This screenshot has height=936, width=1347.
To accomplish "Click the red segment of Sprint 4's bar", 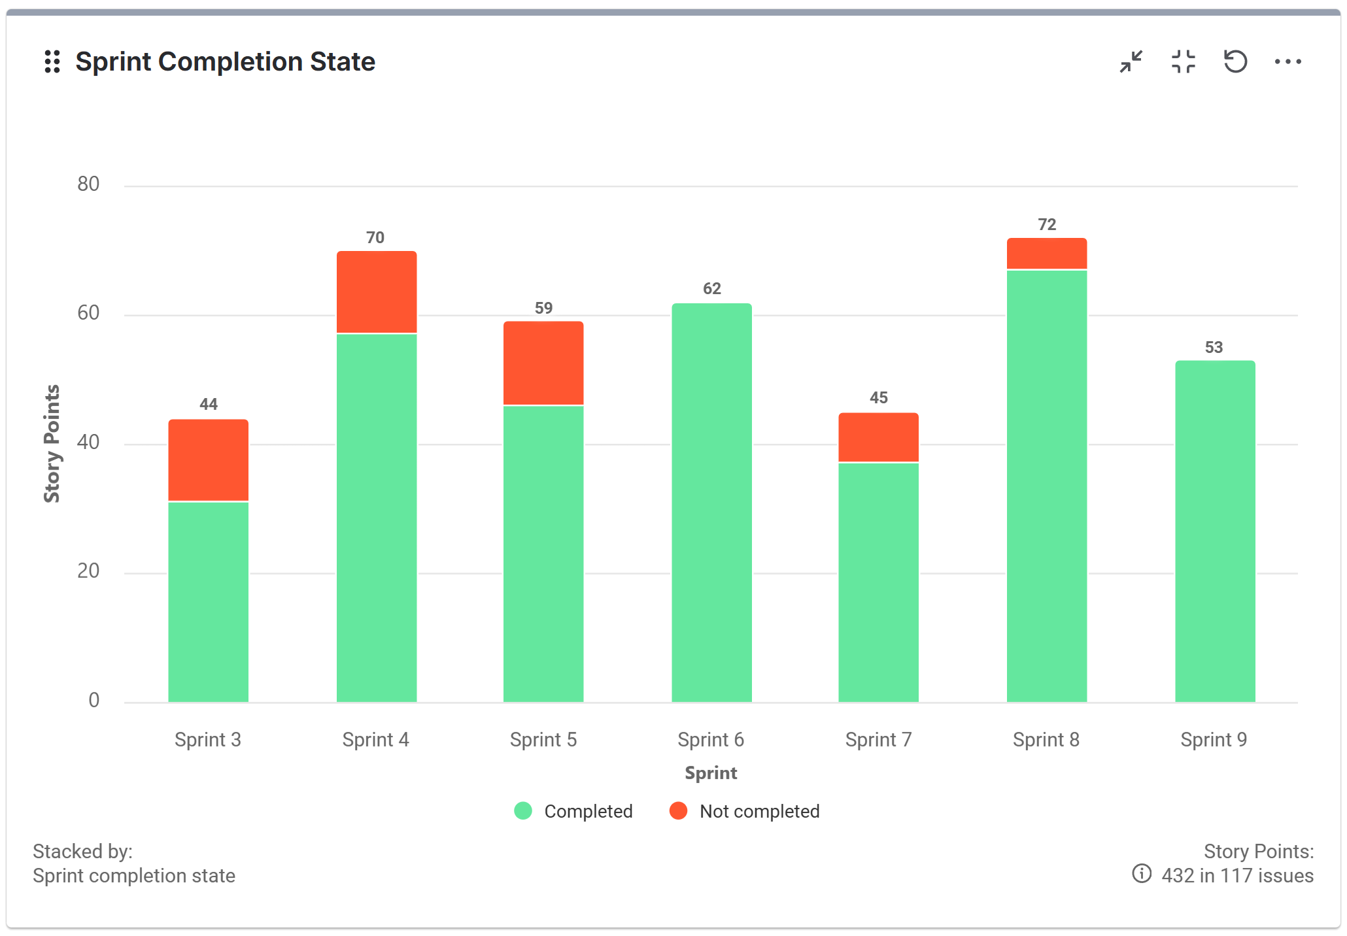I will point(377,292).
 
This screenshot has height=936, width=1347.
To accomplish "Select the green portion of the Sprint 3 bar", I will point(208,601).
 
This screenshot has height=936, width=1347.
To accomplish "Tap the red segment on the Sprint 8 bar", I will point(1046,254).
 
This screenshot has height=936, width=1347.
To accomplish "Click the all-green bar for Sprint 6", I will point(711,503).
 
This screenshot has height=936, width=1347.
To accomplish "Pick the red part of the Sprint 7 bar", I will point(878,437).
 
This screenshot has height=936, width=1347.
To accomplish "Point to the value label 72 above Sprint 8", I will point(1046,225).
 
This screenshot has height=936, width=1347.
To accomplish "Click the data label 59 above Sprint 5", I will point(543,309).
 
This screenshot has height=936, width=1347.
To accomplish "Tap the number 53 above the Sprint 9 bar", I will point(1214,348).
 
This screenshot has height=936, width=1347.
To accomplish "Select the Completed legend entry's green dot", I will point(523,811).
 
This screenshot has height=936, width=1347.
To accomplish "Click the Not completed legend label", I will point(759,811).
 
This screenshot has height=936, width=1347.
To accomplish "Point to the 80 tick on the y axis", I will point(88,184).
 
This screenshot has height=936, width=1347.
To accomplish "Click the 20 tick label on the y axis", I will point(88,571).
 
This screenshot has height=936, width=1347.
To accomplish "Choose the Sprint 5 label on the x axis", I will point(543,740).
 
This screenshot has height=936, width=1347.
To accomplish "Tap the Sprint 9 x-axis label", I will point(1214,740).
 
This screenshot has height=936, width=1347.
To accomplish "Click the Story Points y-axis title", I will point(52,444).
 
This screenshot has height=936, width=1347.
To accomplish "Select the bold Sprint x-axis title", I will point(711,773).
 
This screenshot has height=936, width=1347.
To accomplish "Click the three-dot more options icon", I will point(1287,62).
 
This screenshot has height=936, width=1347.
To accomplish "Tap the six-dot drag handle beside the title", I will point(52,62).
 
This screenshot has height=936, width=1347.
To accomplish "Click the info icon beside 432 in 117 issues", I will point(1142,874).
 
